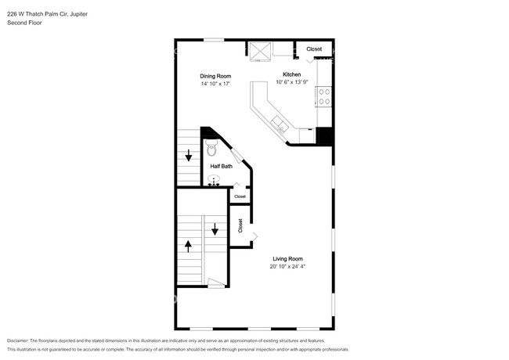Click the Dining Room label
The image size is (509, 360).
(215, 76)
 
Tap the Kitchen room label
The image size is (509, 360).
(292, 74)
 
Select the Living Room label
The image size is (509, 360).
(287, 259)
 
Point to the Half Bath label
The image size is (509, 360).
(222, 167)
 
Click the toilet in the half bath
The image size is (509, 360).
(211, 148)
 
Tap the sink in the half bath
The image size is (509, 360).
(214, 180)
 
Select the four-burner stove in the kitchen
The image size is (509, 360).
(323, 96)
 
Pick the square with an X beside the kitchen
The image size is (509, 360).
(260, 52)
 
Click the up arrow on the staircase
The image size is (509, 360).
(188, 247)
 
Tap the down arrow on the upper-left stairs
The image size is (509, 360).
(188, 155)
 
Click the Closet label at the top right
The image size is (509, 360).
(314, 49)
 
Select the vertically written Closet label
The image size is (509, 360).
(240, 225)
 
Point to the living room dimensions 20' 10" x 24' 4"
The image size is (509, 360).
(287, 267)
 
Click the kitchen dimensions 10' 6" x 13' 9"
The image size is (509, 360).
(292, 82)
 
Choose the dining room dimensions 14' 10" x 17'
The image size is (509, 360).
(215, 84)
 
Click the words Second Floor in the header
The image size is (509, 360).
(24, 23)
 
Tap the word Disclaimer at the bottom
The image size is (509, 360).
(18, 341)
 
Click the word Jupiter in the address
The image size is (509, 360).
(79, 14)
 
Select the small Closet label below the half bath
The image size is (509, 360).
(240, 196)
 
